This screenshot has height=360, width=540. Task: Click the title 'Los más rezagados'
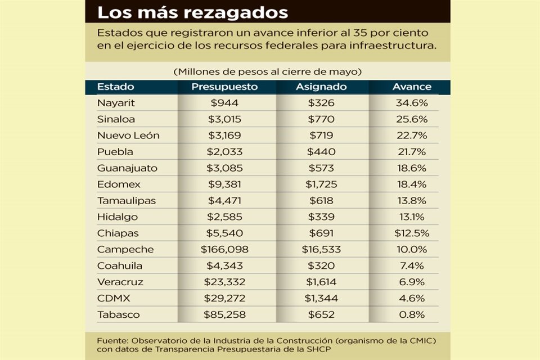[193, 12]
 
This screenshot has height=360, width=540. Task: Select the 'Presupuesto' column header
[224, 87]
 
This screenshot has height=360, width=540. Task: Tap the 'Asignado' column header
[321, 87]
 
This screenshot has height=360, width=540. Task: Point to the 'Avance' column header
[412, 87]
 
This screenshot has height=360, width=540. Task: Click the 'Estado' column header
[116, 87]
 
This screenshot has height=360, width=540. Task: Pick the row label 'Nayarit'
[116, 103]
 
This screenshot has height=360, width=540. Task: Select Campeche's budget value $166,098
[224, 249]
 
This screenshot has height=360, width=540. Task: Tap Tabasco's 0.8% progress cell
[412, 314]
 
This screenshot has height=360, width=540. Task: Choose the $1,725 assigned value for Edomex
[321, 184]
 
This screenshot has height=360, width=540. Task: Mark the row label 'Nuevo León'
[128, 136]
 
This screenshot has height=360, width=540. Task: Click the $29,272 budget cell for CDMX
[224, 298]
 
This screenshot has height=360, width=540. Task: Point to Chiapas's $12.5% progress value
[412, 233]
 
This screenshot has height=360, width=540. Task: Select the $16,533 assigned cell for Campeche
[321, 249]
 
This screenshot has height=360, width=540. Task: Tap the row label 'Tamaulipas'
[127, 200]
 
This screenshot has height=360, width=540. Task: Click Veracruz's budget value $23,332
[224, 282]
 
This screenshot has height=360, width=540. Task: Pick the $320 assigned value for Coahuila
[321, 265]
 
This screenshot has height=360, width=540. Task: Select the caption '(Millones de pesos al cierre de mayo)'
[267, 72]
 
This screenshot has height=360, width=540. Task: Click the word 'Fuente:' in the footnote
[112, 341]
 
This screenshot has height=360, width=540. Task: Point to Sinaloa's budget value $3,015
[224, 119]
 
